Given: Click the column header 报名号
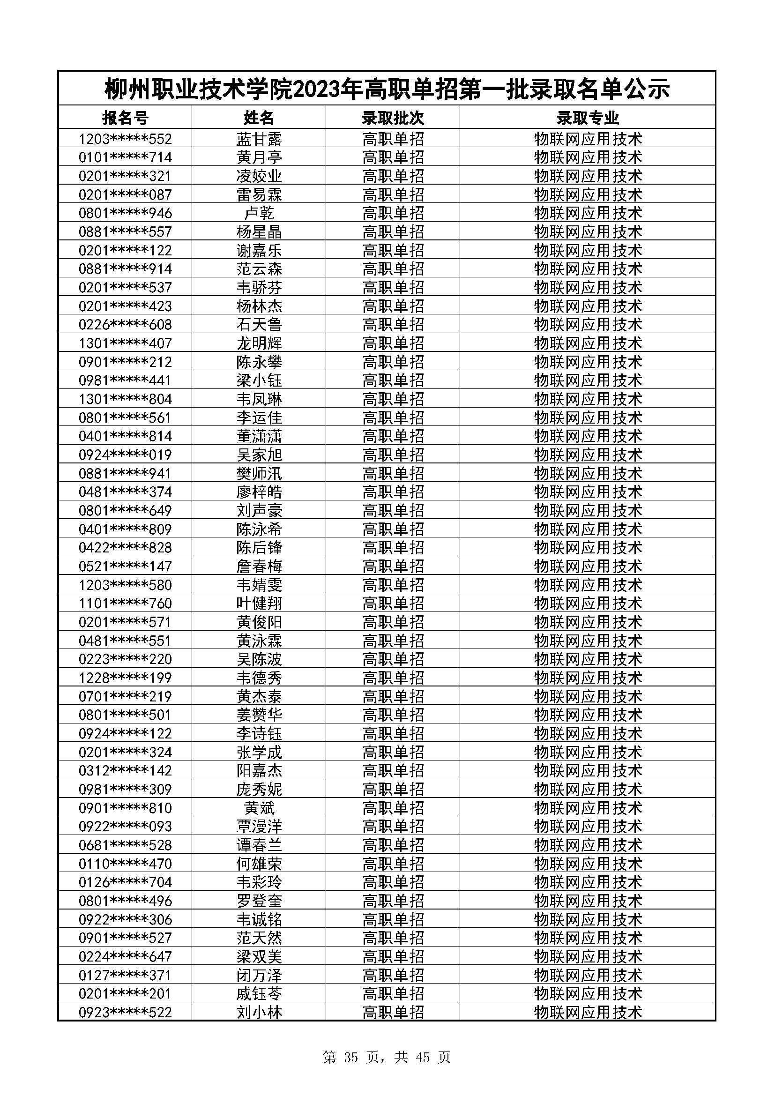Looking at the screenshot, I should coord(125,118).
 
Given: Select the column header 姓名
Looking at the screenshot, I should coord(259,118).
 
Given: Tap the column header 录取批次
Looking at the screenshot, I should coord(393,118).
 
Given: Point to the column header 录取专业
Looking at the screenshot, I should coord(588,118).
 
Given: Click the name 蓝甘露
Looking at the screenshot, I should coord(259,139).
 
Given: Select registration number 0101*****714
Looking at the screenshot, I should coord(125,157).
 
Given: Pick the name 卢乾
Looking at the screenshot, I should coord(259,213).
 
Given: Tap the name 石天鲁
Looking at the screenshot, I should coord(259,325).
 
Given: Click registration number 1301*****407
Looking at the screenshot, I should coord(125,343).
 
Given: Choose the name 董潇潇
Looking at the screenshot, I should coord(259,436).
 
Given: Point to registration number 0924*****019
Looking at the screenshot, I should coord(125,455).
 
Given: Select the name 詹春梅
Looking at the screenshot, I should coord(259,566).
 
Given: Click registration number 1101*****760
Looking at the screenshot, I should coord(125,603).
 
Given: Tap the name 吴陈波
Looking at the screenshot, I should coord(259,659).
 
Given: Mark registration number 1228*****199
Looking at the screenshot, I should coord(125,678).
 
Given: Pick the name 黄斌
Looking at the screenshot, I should coord(259,808).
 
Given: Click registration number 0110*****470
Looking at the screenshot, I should coord(125,864).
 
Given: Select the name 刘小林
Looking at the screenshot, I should coord(259,1012).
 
